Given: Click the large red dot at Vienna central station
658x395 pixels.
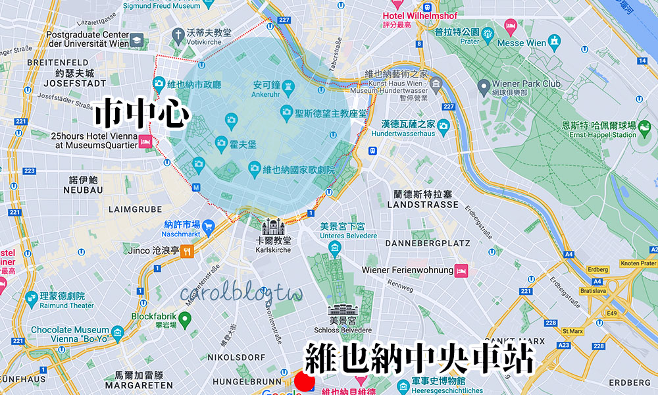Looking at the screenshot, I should pyautogui.click(x=304, y=382).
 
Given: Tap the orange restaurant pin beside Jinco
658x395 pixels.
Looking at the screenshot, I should pyautogui.click(x=188, y=251).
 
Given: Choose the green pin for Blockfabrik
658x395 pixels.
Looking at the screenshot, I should pyautogui.click(x=185, y=320).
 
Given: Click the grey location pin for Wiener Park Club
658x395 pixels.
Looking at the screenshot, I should pyautogui.click(x=484, y=85).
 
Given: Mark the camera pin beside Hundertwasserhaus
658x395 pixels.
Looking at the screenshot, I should pyautogui.click(x=443, y=125).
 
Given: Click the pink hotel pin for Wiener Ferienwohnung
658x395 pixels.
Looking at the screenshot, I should pyautogui.click(x=462, y=271).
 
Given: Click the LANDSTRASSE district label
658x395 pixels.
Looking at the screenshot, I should pyautogui.click(x=422, y=204).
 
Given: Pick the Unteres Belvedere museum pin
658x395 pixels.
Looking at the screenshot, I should pyautogui.click(x=335, y=249).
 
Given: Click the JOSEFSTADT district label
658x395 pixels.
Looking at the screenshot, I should pyautogui.click(x=74, y=84).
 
